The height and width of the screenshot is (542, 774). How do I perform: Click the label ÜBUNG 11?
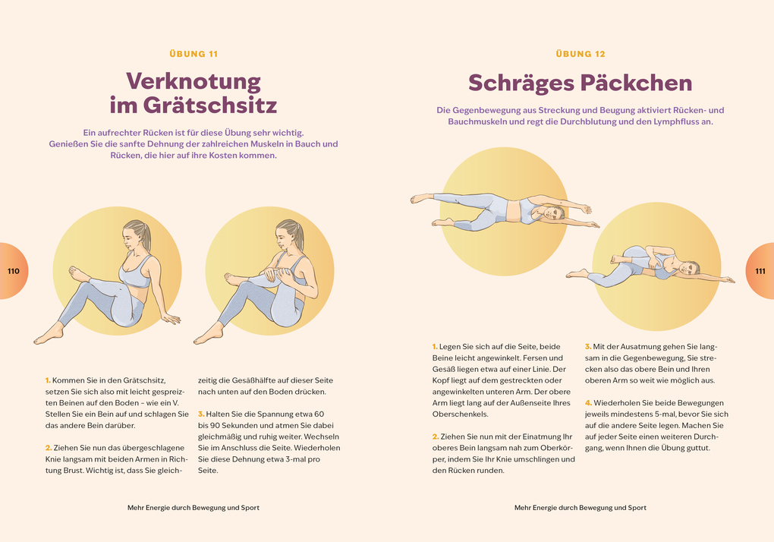click(193, 54)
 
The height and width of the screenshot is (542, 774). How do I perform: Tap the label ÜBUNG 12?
click(580, 54)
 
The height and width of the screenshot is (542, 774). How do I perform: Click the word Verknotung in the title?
click(193, 80)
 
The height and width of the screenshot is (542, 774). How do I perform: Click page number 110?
click(13, 271)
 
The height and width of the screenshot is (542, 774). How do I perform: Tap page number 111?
click(760, 271)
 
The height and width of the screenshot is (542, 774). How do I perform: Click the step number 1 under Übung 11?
click(47, 380)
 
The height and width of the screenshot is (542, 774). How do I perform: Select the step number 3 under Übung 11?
click(200, 414)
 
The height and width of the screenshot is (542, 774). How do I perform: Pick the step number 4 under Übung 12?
click(587, 402)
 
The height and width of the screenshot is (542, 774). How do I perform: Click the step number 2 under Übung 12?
click(435, 436)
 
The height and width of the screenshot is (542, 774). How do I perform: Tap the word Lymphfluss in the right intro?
click(675, 121)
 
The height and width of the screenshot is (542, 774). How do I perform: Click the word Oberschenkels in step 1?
click(461, 414)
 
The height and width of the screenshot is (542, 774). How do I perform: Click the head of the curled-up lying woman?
click(688, 268)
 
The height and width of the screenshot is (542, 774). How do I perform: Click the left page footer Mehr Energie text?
click(193, 508)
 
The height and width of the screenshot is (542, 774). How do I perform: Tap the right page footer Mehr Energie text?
click(580, 508)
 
